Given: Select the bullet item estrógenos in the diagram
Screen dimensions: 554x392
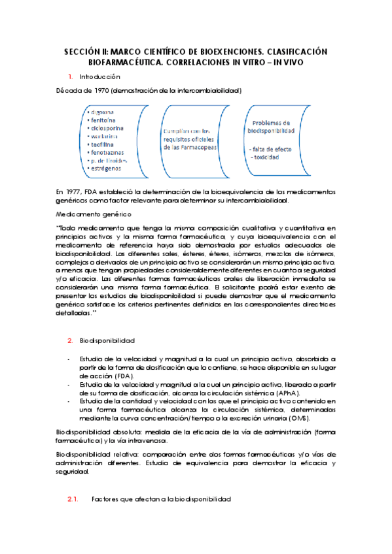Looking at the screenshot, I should [x=105, y=169].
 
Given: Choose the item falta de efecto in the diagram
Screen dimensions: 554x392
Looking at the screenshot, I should [x=273, y=148].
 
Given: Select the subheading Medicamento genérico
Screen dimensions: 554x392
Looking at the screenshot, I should [x=94, y=214].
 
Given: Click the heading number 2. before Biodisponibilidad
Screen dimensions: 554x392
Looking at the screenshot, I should [x=70, y=341].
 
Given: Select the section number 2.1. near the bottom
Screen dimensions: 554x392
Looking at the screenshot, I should [x=73, y=499].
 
